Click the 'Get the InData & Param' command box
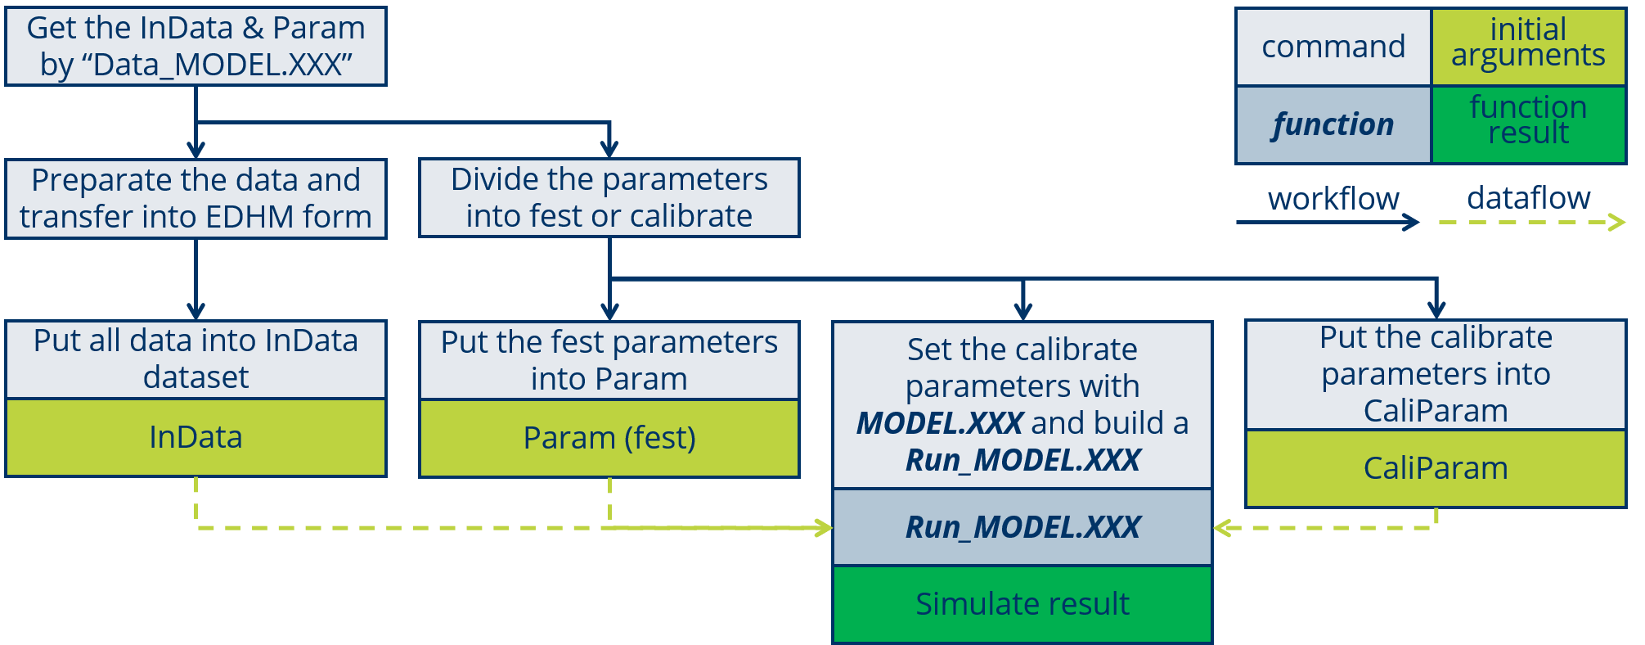[x=196, y=46]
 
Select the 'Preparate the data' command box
[x=196, y=198]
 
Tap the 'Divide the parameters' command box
[x=609, y=198]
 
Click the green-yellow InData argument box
[x=196, y=437]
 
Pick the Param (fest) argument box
[x=609, y=438]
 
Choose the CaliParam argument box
[x=1436, y=468]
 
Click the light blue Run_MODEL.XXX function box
[x=1023, y=527]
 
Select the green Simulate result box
[x=1023, y=604]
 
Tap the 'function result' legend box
[x=1528, y=124]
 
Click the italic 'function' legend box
[x=1333, y=124]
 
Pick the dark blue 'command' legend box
[x=1333, y=47]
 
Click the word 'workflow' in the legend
[x=1333, y=198]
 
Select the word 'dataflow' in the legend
[x=1528, y=198]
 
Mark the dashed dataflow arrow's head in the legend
[x=1618, y=222]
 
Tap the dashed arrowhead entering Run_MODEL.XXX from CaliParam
[x=1221, y=528]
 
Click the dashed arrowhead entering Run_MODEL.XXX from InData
[x=824, y=528]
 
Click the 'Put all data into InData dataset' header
[x=196, y=359]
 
